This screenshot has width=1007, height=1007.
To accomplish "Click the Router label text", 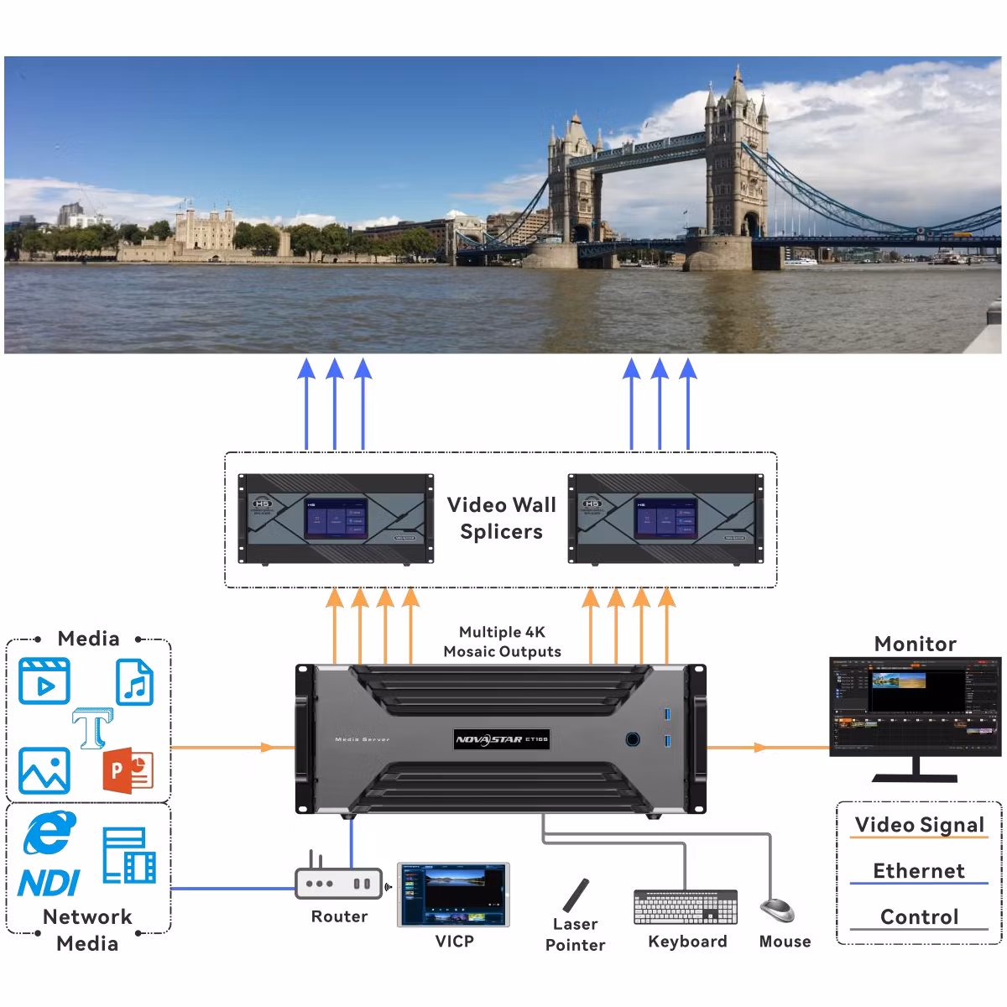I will tap(339, 916).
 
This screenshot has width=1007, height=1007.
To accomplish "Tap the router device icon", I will tap(338, 882).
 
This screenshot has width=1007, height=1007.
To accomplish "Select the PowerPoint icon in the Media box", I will tap(128, 770).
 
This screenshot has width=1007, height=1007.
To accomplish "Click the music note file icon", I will tap(134, 681).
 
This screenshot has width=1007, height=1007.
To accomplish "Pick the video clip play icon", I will tap(44, 681).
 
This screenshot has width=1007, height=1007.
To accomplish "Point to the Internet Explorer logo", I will tap(50, 834).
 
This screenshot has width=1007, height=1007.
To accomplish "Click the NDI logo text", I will tap(49, 883).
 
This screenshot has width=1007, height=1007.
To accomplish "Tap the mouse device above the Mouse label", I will tap(777, 910).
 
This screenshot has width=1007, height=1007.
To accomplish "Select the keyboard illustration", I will tap(686, 907).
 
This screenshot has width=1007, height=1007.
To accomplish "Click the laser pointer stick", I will tap(577, 895).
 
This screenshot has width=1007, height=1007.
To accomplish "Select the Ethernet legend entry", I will tap(919, 871).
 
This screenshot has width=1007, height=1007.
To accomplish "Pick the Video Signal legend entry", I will tap(919, 825).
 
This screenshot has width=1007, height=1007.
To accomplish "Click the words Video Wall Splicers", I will tap(501, 518).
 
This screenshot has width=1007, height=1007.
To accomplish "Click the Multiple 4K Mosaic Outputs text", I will tap(502, 642).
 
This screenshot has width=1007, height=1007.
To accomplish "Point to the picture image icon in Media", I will tap(44, 770).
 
